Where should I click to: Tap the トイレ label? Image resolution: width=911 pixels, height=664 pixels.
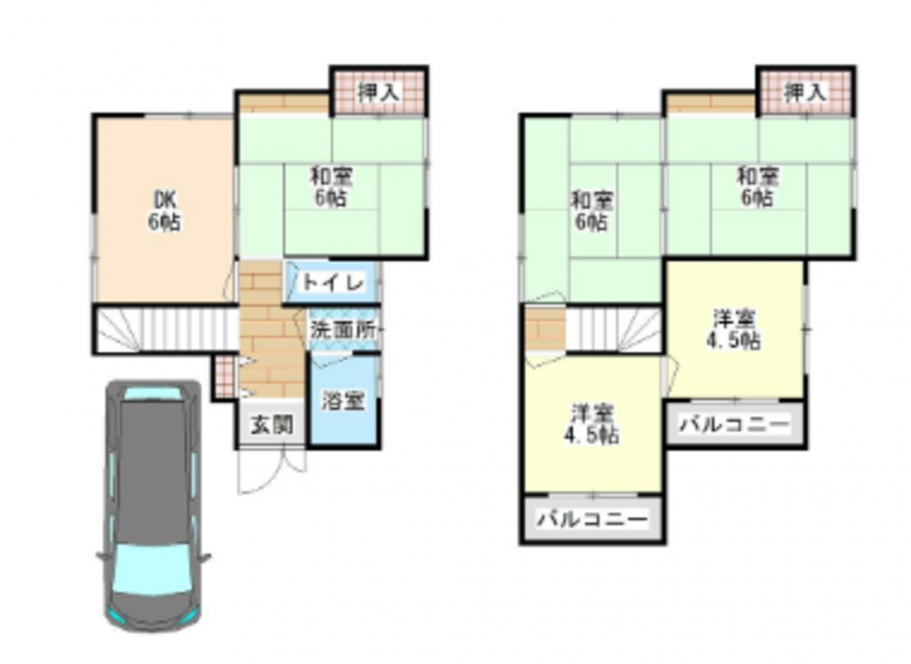[x=333, y=283]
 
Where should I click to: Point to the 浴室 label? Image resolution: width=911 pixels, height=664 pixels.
[x=343, y=401]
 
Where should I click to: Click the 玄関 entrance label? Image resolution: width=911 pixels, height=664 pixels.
[x=271, y=425]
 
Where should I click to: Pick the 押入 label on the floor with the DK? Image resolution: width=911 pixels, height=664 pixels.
[x=379, y=92]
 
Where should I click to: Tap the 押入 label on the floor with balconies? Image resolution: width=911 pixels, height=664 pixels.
[x=805, y=92]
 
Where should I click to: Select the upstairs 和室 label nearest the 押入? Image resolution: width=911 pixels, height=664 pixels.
[x=758, y=187]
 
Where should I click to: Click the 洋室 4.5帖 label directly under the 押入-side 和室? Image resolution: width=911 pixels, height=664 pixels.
[x=733, y=330]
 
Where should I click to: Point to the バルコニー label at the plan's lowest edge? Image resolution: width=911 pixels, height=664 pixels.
[x=592, y=518]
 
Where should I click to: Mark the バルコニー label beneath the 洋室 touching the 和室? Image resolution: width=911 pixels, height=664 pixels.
[x=735, y=424]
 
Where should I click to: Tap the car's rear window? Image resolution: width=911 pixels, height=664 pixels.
[x=152, y=393]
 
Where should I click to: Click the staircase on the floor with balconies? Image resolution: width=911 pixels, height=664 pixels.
[x=614, y=330]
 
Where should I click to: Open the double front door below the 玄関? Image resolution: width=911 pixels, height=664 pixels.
[x=271, y=471]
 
